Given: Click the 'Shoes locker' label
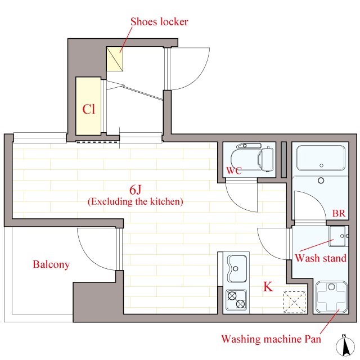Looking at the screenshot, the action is click(x=159, y=22).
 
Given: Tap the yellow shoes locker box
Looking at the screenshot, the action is click(x=115, y=59).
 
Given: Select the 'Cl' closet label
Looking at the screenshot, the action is click(x=89, y=109).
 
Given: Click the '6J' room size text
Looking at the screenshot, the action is click(x=135, y=190).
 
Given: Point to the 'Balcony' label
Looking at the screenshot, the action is click(x=51, y=264).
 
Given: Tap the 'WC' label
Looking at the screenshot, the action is click(x=234, y=170).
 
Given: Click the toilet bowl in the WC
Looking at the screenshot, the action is click(x=246, y=157).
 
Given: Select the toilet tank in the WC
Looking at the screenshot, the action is click(x=268, y=159).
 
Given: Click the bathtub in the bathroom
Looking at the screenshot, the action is click(x=321, y=158).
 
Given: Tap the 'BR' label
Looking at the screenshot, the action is click(x=339, y=213).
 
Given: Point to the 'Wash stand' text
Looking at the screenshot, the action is click(x=321, y=258).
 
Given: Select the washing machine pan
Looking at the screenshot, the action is click(x=331, y=297).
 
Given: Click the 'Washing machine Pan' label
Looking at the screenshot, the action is click(x=271, y=339).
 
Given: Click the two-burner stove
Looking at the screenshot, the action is click(x=236, y=300).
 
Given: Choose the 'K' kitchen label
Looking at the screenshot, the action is click(x=268, y=286).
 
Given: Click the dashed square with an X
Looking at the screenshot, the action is click(x=295, y=302).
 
